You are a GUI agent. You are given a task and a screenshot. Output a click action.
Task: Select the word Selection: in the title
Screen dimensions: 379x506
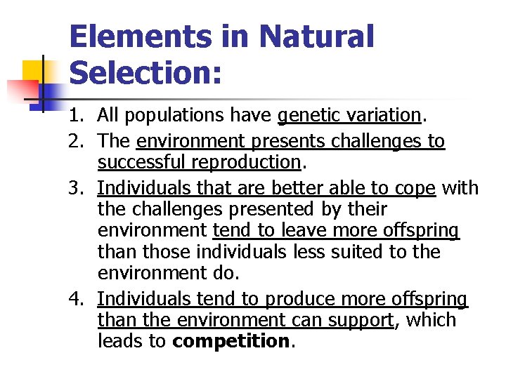[x=145, y=72]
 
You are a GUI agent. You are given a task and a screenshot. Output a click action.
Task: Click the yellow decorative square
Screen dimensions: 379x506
[x=34, y=70]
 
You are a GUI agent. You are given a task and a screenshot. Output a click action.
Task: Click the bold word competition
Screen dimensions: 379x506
[x=231, y=341]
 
